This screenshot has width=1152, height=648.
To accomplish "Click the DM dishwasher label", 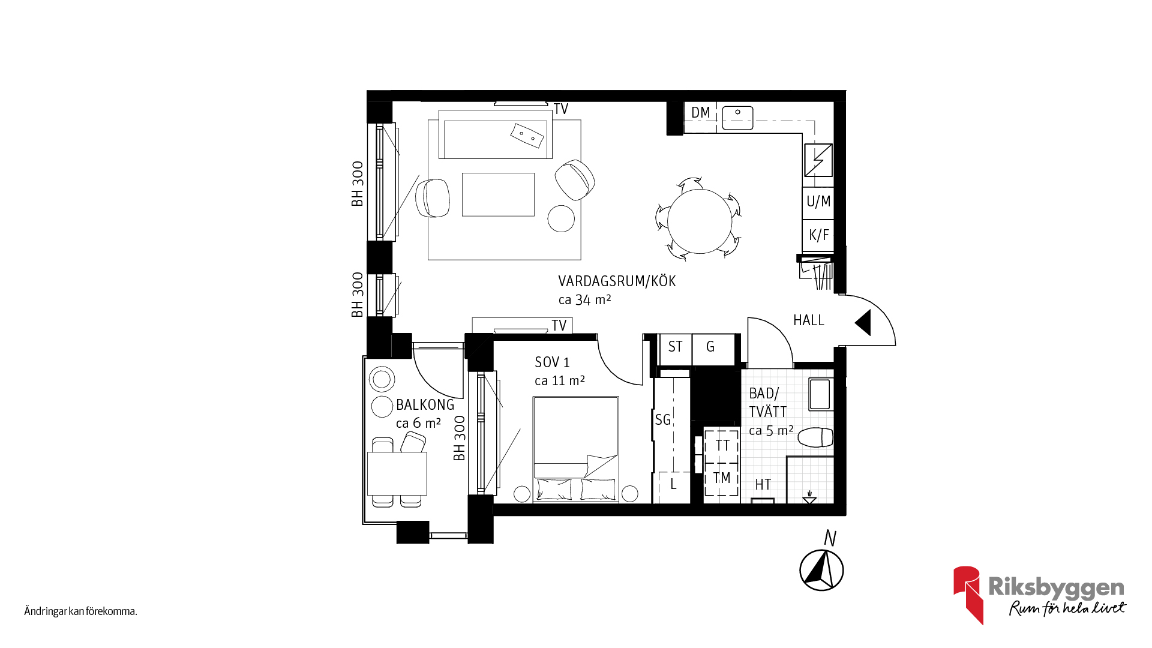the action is (700, 112).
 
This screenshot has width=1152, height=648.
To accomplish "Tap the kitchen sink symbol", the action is (737, 118).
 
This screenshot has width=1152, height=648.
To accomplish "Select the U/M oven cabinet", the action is (818, 202).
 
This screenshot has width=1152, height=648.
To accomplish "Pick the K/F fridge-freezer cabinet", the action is (818, 235).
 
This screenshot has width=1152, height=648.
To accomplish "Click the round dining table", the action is (700, 221).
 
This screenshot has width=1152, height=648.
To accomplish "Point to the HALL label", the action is (809, 320).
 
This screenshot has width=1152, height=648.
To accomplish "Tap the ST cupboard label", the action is (675, 347).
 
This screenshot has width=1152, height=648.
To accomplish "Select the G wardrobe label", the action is (710, 347).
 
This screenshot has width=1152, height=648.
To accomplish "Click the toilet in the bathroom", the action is (816, 437).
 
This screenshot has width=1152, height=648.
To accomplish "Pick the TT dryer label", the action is (722, 445).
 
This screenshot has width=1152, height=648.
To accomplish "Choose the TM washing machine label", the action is (722, 478).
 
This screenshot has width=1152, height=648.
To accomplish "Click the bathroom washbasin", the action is (820, 394).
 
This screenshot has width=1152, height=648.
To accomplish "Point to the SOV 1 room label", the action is (552, 362).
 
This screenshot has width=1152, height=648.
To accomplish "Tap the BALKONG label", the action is (425, 405).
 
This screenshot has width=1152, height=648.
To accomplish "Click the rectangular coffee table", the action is (498, 194).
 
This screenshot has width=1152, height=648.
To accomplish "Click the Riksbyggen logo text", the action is (1056, 588).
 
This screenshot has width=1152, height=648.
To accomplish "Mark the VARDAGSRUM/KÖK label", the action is (617, 281).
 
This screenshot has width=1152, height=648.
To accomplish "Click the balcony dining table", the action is (397, 473).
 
